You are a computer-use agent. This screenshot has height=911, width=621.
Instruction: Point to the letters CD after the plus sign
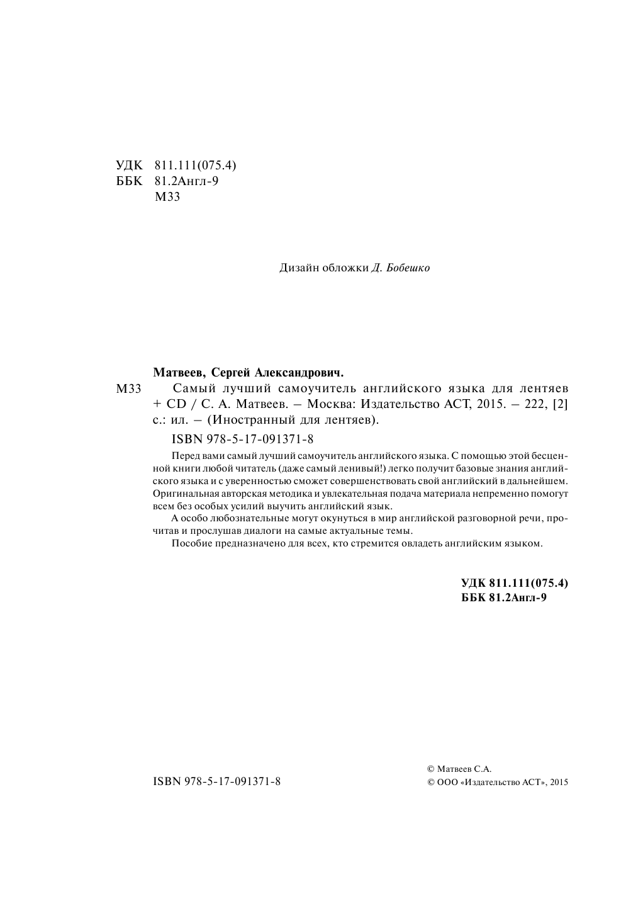coord(174,405)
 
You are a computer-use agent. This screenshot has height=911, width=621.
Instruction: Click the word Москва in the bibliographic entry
coord(325,405)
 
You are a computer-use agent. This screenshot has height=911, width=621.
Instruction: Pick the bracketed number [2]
coord(560,405)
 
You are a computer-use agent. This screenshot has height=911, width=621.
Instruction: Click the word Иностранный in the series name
coord(250,421)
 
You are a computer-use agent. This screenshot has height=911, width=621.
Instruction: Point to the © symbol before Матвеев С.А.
coord(430,769)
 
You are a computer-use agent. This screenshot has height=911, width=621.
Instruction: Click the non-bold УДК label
coord(130,166)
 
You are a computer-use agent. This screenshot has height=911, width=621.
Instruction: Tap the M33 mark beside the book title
coord(130,389)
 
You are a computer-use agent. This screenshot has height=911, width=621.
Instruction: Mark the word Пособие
coord(189,543)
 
